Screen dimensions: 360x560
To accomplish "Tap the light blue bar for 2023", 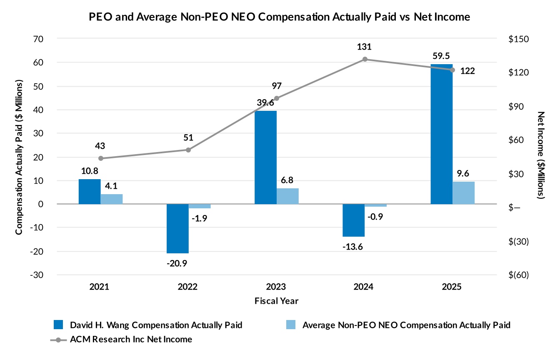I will point(287,196).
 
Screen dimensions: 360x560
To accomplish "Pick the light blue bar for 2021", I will point(112,199).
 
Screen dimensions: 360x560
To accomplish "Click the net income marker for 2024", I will point(365,59).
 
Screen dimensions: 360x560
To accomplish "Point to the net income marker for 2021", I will point(100,158).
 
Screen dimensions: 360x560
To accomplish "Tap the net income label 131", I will point(364,47).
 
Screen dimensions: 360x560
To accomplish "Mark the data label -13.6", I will point(353,247).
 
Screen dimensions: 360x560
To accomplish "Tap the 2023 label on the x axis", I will point(276,287).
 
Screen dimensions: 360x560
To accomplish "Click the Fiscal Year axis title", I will point(276,300).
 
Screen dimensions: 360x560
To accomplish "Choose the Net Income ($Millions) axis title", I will point(541,155).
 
